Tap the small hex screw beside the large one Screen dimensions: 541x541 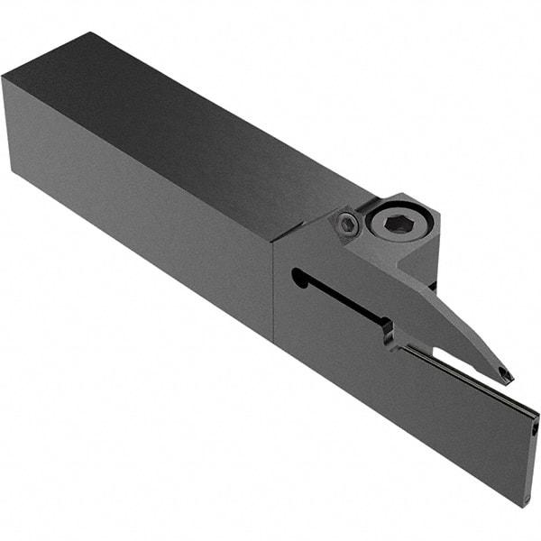click(346, 225)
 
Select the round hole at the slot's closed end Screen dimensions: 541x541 click(299, 277)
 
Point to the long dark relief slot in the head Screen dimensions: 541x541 click(343, 298)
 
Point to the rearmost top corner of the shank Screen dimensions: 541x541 click(90, 34)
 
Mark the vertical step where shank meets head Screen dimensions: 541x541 click(273, 289)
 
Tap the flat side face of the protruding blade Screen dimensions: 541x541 click(460, 424)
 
